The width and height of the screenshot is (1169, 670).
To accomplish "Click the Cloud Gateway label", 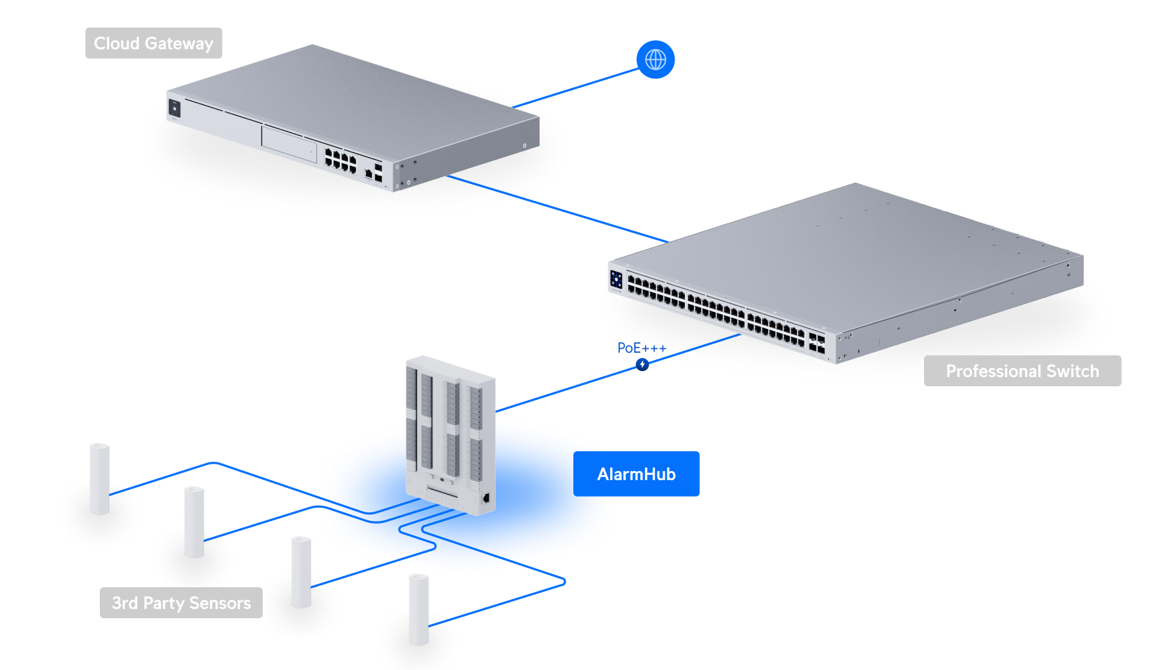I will coord(154,43).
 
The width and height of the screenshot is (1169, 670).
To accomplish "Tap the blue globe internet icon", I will coord(655,60).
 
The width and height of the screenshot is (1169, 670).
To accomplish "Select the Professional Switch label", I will coord(1022,371).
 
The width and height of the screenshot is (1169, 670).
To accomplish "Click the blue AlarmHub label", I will coord(636,474).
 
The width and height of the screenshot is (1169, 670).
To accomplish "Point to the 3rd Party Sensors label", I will coord(181,603).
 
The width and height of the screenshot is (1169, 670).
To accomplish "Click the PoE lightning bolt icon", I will coord(642,364).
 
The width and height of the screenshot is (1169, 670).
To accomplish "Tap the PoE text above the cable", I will coord(629,347).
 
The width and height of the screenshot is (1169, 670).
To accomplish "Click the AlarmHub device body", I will coord(450,434).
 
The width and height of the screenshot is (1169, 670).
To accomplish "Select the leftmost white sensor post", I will coord(100,478).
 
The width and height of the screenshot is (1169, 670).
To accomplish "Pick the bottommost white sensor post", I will coord(419,610).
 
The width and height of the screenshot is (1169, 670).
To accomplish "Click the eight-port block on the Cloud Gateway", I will coord(341,160).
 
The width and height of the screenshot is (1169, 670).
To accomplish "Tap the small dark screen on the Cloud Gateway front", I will coord(175,108).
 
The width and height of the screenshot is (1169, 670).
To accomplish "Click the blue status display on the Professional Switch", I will coord(616,279).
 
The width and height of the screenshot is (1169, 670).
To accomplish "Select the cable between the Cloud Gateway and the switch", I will coord(558,209).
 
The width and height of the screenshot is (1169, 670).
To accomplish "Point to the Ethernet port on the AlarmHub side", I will coord(485,498).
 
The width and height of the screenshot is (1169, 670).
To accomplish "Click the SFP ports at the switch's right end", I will coord(817,343).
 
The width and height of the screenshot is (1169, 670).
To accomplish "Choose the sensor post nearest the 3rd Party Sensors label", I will coord(301,571).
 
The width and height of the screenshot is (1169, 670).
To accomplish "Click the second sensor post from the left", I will coord(194,522).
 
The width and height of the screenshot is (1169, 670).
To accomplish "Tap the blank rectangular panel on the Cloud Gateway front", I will coord(289,143).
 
